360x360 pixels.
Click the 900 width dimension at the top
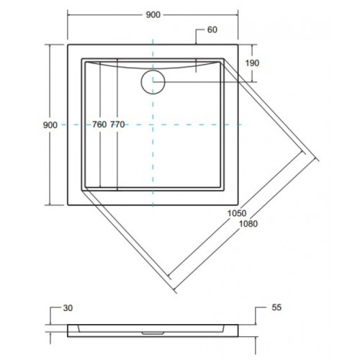pyautogui.click(x=153, y=15)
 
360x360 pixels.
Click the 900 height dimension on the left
pyautogui.click(x=50, y=125)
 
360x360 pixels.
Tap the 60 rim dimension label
pyautogui.click(x=212, y=30)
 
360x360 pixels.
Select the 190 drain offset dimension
pyautogui.click(x=252, y=63)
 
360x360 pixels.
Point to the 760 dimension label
pyautogui.click(x=99, y=125)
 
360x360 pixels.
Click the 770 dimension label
pyautogui.click(x=117, y=125)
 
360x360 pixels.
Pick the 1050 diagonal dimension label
pyautogui.click(x=237, y=213)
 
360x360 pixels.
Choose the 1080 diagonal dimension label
pyautogui.click(x=248, y=224)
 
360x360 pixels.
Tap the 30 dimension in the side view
pyautogui.click(x=68, y=308)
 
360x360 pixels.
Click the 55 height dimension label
pyautogui.click(x=276, y=307)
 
